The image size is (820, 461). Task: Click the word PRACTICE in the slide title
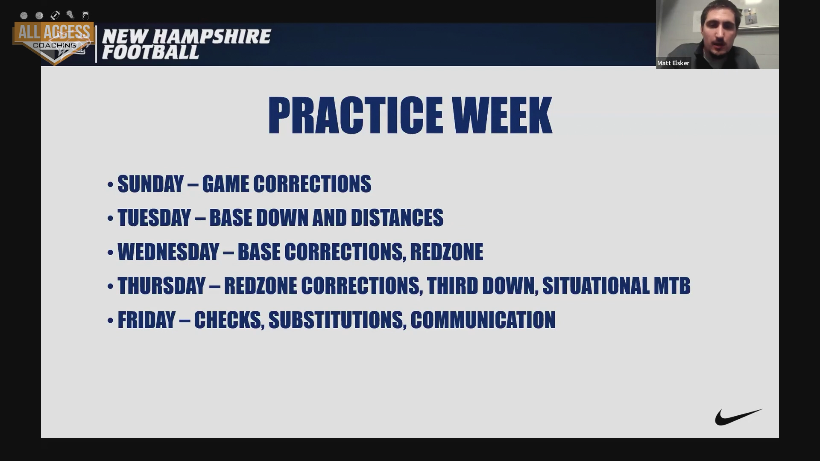click(x=356, y=115)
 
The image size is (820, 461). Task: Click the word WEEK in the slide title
click(x=502, y=115)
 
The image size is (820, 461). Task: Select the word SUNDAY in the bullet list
click(x=150, y=184)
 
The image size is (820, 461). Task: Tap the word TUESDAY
click(x=154, y=218)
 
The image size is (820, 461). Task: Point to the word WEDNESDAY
click(x=168, y=252)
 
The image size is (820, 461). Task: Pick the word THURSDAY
click(x=161, y=286)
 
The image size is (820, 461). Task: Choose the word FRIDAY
click(x=146, y=320)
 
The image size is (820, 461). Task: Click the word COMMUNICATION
click(x=483, y=320)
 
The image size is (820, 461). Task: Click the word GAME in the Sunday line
click(x=225, y=184)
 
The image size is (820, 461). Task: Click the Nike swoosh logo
click(x=738, y=417)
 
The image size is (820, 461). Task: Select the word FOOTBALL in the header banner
click(x=150, y=52)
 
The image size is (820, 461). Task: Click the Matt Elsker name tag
click(x=673, y=63)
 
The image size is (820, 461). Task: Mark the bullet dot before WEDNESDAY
click(x=110, y=252)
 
